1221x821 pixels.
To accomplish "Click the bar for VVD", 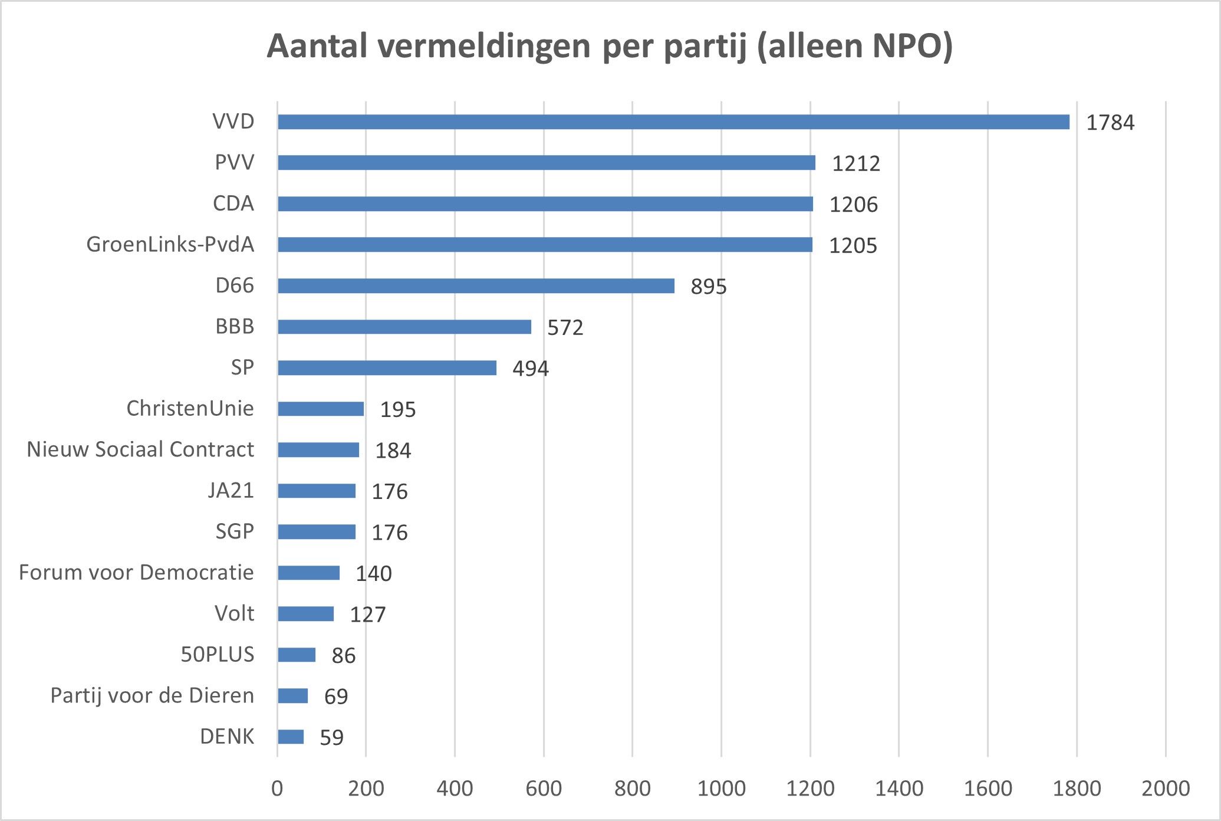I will (673, 122).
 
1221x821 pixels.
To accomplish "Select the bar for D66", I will (476, 286).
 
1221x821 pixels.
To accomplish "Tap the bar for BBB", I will (404, 327).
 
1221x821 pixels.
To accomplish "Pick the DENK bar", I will (291, 737).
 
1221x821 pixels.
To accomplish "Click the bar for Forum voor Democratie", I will (308, 573).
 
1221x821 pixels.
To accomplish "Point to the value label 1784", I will (1110, 123).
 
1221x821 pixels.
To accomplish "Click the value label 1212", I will (855, 163).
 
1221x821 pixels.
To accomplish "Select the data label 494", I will (530, 369).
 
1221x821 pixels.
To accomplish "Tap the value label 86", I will (343, 655).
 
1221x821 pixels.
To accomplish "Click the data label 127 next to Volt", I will (367, 615).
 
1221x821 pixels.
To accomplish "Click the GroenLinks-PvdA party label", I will (170, 244).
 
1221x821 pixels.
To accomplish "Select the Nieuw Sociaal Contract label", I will (140, 449).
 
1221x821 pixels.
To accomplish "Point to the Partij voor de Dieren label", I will (152, 695).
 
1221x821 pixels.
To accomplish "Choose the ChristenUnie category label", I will (190, 408).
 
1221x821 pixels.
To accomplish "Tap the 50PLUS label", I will (217, 655).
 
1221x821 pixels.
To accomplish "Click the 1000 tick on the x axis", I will (721, 789).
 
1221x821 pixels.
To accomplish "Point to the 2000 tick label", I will (1165, 789).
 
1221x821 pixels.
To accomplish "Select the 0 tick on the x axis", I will (277, 789).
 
